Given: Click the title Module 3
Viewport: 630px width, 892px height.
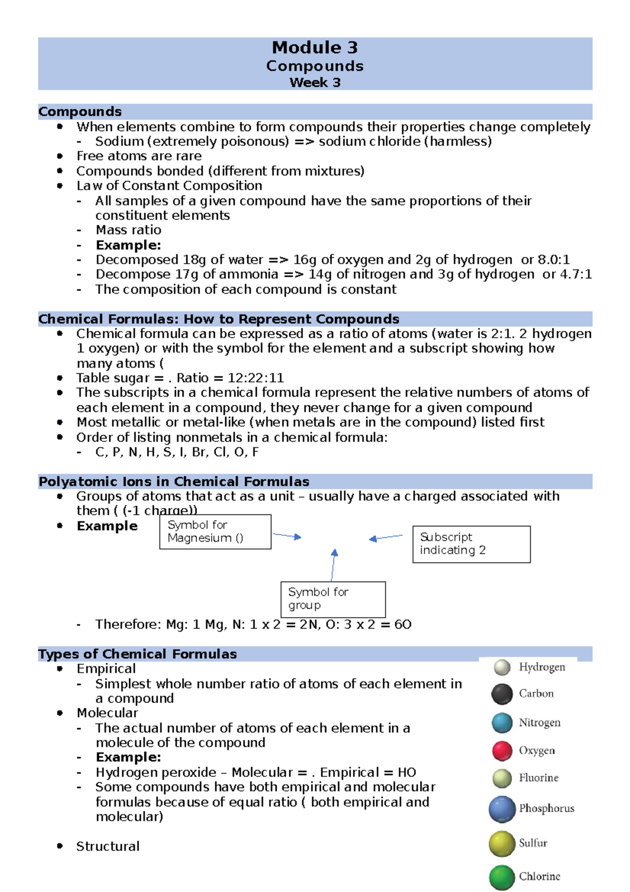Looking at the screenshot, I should pyautogui.click(x=314, y=48).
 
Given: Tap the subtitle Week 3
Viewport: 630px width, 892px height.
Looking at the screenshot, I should pyautogui.click(x=314, y=83).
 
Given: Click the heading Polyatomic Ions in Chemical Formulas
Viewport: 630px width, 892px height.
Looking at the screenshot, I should pyautogui.click(x=174, y=482).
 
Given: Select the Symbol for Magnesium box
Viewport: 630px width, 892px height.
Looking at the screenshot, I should pyautogui.click(x=215, y=532).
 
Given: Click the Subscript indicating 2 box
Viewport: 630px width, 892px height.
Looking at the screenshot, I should pyautogui.click(x=471, y=544).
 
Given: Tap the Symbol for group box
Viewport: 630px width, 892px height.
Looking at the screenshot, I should pyautogui.click(x=333, y=599).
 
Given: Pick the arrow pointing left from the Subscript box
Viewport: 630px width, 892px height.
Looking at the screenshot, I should pyautogui.click(x=386, y=537).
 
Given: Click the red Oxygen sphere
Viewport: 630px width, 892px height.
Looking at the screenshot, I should pyautogui.click(x=502, y=751).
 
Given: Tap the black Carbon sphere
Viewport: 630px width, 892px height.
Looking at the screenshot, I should pyautogui.click(x=502, y=694).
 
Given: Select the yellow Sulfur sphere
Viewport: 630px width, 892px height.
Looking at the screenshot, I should pyautogui.click(x=502, y=844).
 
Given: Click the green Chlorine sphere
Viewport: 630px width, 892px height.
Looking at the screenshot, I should pyautogui.click(x=502, y=877).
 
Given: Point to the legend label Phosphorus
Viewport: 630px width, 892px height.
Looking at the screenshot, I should pyautogui.click(x=546, y=808).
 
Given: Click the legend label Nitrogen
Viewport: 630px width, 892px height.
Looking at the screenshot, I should pyautogui.click(x=539, y=723).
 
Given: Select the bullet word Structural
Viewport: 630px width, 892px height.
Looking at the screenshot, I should pyautogui.click(x=108, y=846).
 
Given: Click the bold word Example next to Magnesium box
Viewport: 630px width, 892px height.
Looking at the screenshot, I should pyautogui.click(x=107, y=526).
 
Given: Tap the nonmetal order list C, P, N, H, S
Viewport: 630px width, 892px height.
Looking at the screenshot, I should pyautogui.click(x=177, y=452).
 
